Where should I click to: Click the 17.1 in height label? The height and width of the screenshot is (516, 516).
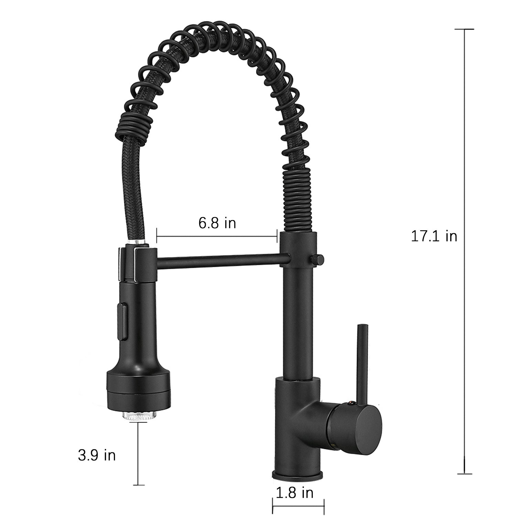click(434, 237)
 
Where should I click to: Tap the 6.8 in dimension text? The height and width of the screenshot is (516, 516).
click(217, 223)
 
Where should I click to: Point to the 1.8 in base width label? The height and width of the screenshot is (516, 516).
click(294, 493)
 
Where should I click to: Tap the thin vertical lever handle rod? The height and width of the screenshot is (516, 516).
click(363, 361)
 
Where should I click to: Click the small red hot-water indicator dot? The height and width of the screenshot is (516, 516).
click(351, 401)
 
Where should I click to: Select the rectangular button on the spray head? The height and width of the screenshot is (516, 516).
click(122, 320)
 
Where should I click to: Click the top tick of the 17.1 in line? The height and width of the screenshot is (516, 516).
click(464, 30)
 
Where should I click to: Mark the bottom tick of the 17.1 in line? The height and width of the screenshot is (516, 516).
click(464, 474)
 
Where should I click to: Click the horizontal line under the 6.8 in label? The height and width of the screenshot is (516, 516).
click(217, 236)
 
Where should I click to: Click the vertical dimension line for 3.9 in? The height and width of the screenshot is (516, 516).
click(139, 454)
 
